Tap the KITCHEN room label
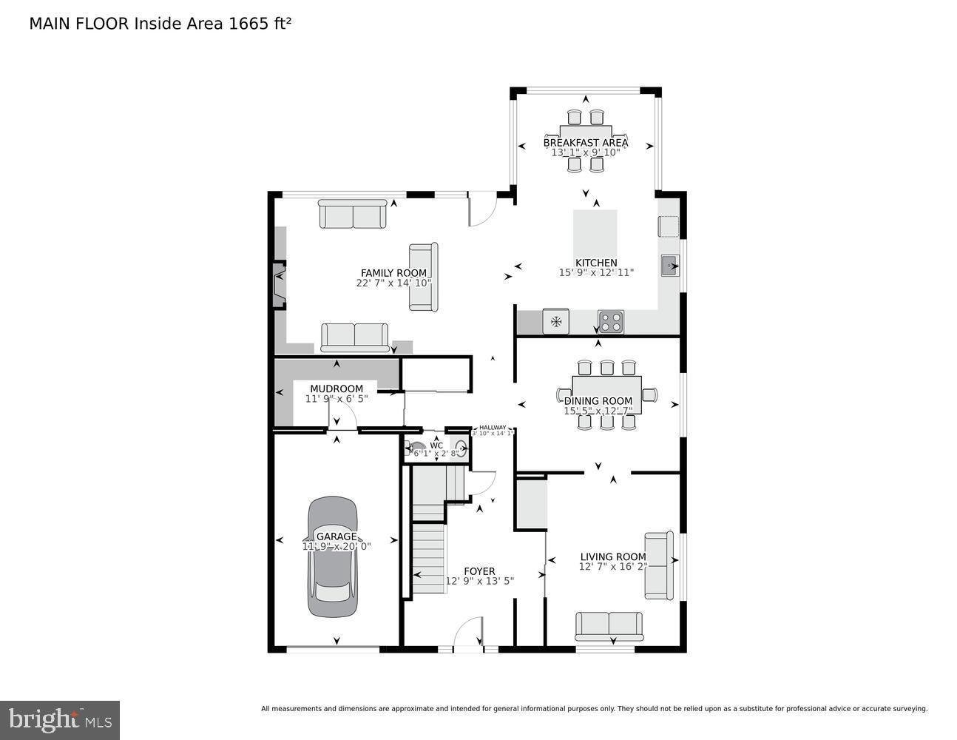coord(596,263)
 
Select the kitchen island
coord(595,232)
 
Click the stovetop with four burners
coord(610,322)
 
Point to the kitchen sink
coord(670,265)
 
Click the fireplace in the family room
coord(279,285)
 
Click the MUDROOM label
coord(337,388)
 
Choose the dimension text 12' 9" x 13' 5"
coord(479,581)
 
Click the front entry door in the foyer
coord(467,635)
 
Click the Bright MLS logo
coord(60,720)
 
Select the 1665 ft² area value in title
coord(260,23)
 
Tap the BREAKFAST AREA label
coord(586,142)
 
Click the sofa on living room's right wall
coord(659,565)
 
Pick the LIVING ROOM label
coord(612,556)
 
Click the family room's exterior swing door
coord(481,209)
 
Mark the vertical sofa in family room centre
coord(424,277)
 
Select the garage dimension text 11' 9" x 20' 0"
coord(337,546)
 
